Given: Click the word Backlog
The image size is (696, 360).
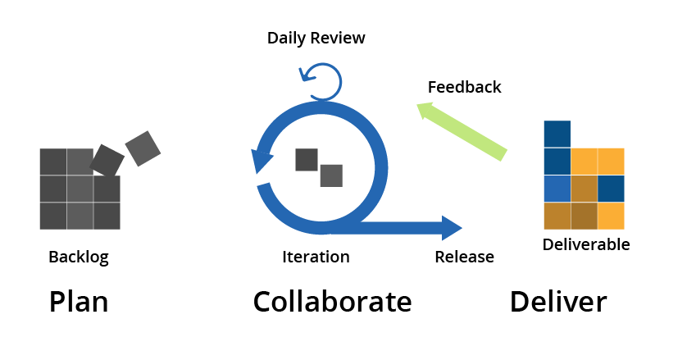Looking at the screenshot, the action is click(79, 257).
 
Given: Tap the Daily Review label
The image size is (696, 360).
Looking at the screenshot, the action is click(316, 39).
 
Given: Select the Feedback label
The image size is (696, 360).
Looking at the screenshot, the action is click(464, 87).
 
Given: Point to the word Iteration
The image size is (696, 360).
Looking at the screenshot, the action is click(316, 257).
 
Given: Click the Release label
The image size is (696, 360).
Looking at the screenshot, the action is click(464, 257).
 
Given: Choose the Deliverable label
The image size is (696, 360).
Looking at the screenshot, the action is click(586, 244).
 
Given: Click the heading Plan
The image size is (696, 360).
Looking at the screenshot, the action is click(79, 302).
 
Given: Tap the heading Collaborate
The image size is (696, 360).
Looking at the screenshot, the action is click(333, 302).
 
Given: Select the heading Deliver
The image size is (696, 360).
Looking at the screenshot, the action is click(558, 302).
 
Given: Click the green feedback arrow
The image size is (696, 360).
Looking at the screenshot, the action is click(462, 131).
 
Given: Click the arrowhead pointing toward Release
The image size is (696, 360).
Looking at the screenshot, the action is click(452, 228).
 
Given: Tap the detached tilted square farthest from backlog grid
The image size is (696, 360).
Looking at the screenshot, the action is click(143, 148).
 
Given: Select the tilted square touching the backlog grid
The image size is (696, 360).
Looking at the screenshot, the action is click(107, 161).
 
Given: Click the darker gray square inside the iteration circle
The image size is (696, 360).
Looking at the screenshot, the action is click(307, 160).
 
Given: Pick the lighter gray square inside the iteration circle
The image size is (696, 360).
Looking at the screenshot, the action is click(331, 175).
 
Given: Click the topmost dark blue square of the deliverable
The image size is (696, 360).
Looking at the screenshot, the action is click(557, 134).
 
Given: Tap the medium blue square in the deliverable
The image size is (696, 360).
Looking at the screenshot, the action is click(557, 189).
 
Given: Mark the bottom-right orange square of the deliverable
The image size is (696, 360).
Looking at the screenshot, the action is click(611, 216).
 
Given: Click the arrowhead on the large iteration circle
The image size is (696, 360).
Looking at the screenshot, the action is click(261, 161).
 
